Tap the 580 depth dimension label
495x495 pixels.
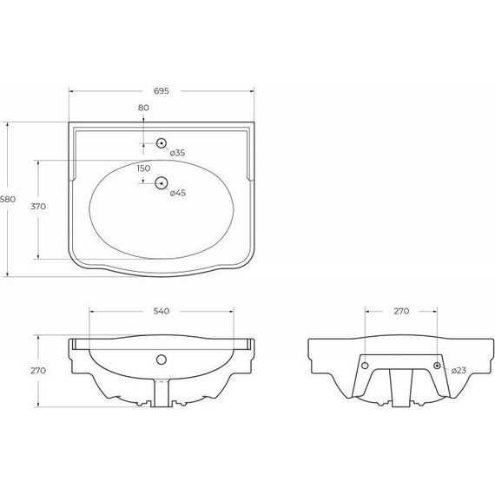(8, 200)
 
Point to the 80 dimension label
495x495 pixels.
(143, 107)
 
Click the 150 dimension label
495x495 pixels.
(143, 168)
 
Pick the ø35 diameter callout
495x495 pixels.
(177, 153)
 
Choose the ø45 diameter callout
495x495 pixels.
(177, 192)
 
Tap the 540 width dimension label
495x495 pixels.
(161, 310)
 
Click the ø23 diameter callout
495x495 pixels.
(459, 370)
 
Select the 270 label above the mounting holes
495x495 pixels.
(401, 310)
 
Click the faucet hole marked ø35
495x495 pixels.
(161, 143)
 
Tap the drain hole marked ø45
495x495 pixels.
(161, 182)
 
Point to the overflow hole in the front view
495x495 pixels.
(161, 358)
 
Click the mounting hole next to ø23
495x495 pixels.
(438, 365)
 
